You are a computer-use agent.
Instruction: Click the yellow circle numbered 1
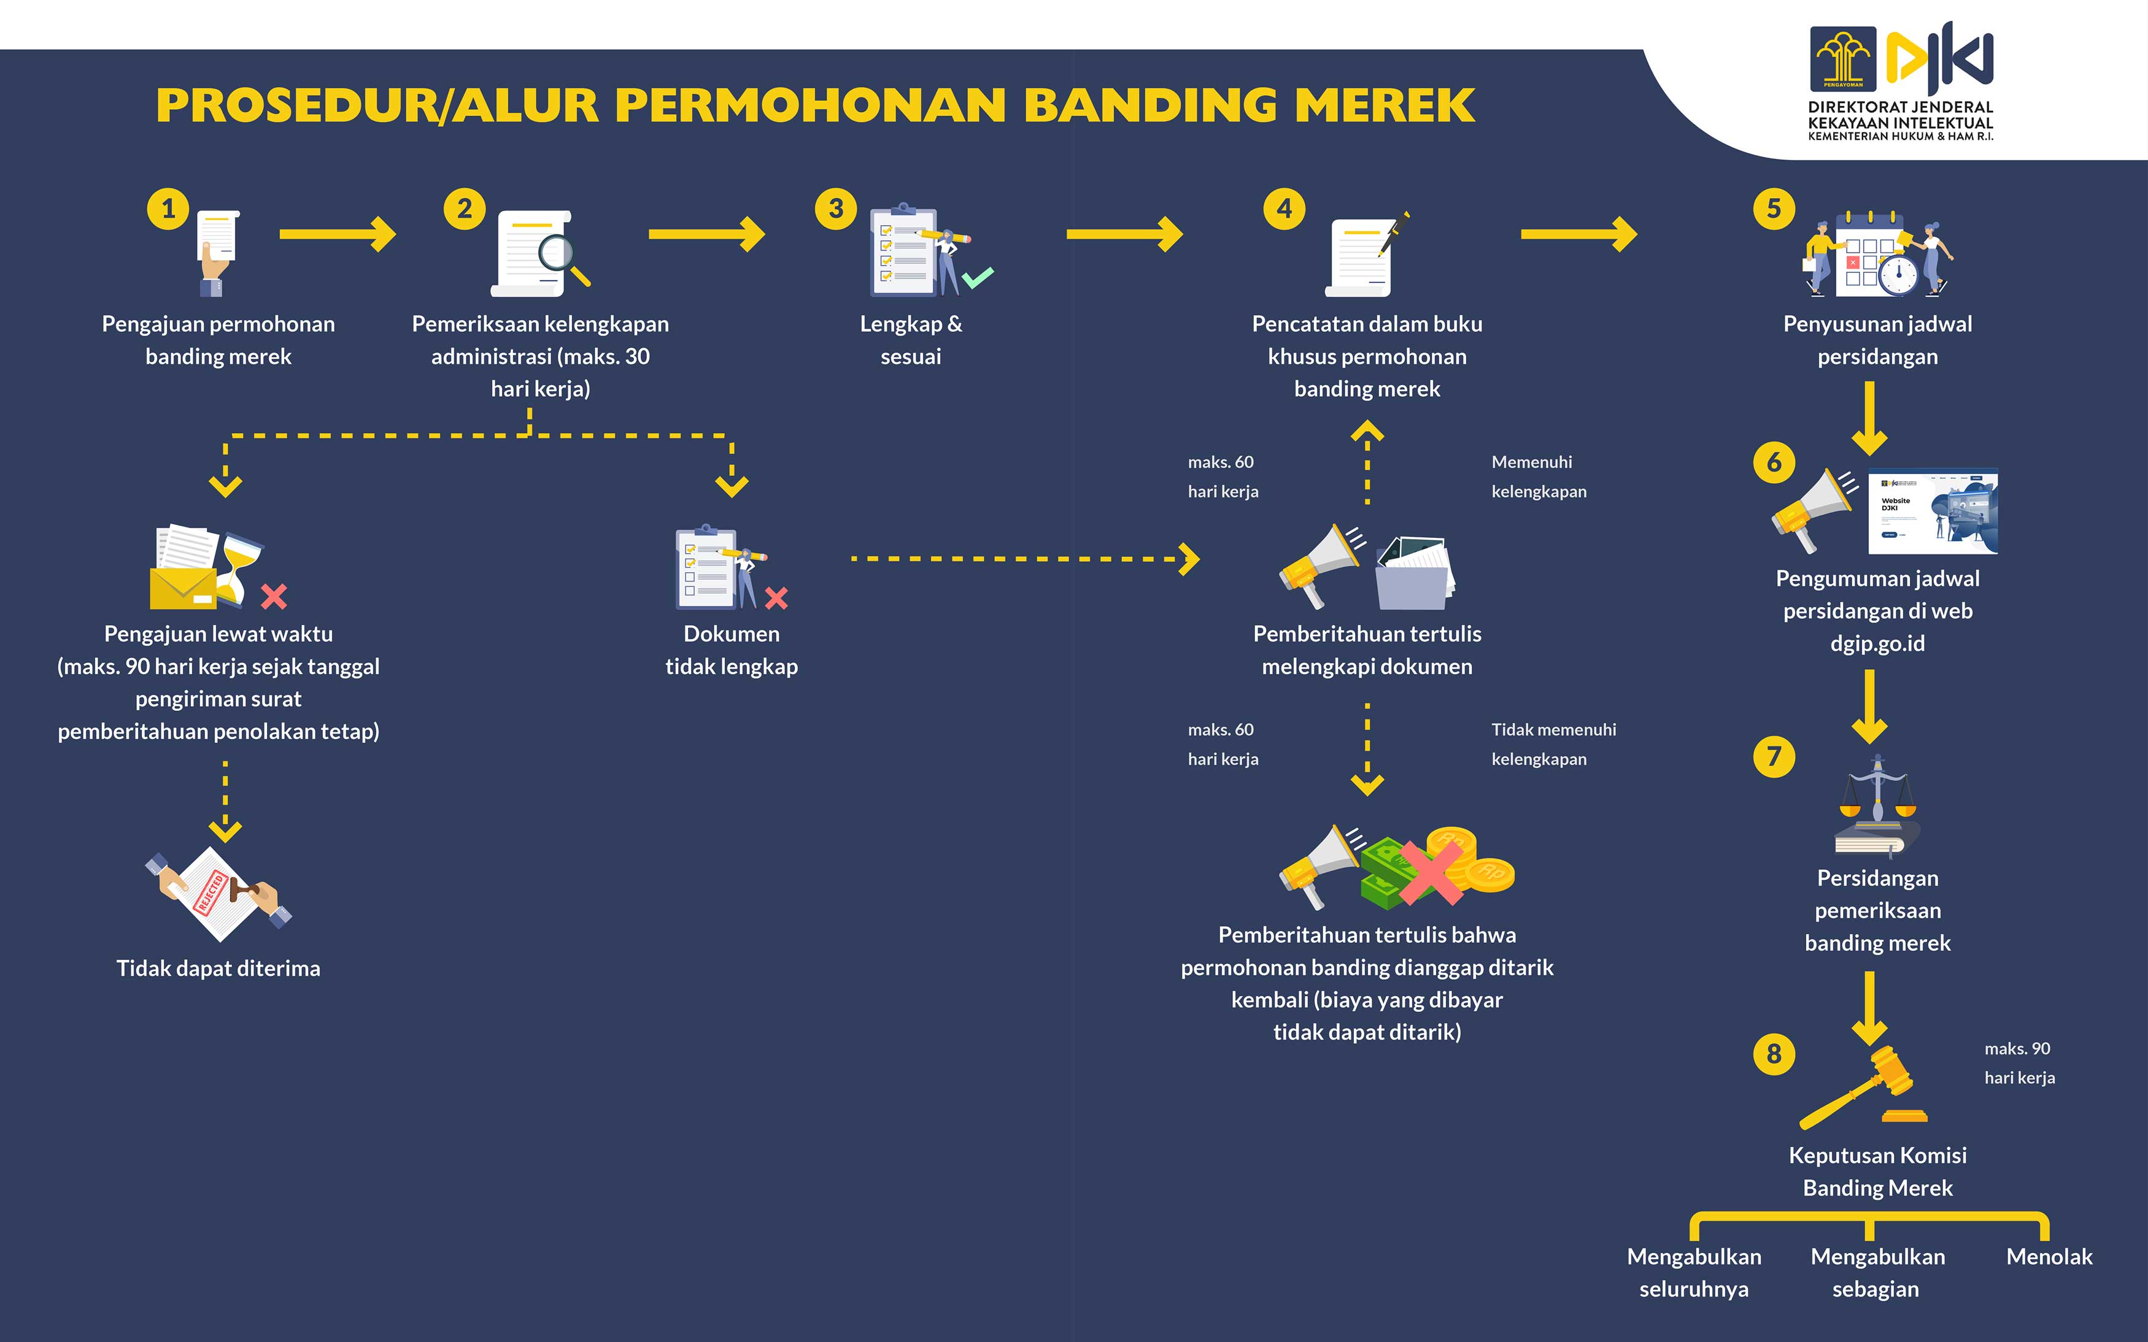click(168, 210)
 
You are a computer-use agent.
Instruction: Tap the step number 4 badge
click(1284, 210)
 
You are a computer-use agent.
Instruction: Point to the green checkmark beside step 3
click(978, 278)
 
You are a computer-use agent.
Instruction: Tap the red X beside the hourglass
click(274, 596)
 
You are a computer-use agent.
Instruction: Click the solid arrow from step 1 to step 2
click(338, 234)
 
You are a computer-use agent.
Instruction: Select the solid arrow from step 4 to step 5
click(1579, 234)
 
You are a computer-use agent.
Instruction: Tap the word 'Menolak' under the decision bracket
click(2049, 1257)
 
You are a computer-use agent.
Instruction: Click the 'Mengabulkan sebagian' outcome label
click(1877, 1273)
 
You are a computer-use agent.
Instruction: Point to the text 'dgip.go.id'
click(1877, 643)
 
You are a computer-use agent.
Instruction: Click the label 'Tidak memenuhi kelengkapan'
click(1554, 744)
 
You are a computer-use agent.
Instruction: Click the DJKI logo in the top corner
click(1901, 82)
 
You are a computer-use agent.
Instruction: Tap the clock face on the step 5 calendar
click(1898, 275)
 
